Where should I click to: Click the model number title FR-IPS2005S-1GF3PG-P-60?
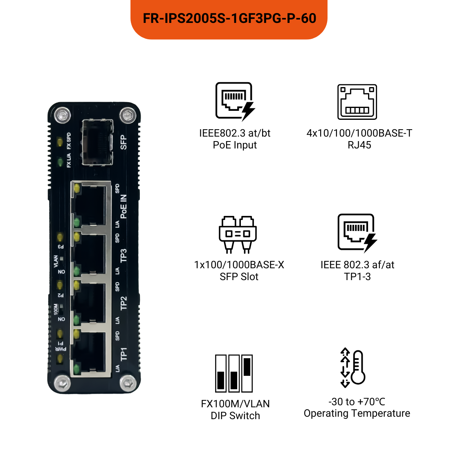229,18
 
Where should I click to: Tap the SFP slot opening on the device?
97,142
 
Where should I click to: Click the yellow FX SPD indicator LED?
60,142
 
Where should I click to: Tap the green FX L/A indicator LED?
60,162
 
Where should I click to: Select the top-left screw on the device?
62,115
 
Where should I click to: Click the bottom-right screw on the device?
128,383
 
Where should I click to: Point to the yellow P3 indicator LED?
60,237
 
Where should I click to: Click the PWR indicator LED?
60,359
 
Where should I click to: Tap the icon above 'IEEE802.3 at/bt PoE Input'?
235,101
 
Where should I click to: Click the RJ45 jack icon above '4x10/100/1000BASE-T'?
357,102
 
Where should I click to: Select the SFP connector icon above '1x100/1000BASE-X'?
238,234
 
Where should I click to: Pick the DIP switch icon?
234,373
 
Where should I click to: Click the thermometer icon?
353,368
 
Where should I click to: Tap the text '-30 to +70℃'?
357,402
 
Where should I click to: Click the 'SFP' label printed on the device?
123,142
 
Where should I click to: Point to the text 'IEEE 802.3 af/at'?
357,265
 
